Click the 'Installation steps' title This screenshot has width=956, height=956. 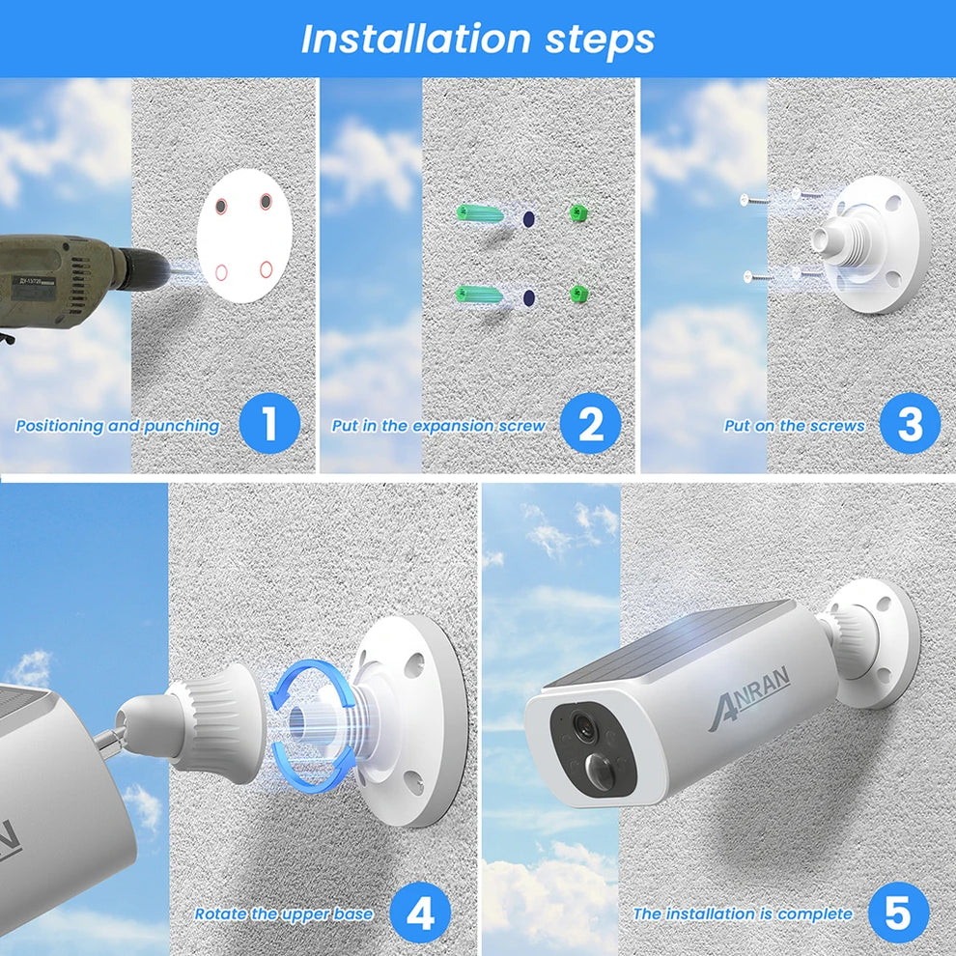(478, 40)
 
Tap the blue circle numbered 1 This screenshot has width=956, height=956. (268, 424)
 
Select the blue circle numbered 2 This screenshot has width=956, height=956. (590, 424)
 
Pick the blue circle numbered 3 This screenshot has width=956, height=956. (910, 424)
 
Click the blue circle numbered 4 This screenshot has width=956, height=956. (420, 913)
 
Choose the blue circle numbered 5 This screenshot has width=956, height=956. (898, 913)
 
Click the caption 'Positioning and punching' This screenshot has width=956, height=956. (118, 426)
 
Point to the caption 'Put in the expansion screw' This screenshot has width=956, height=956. (438, 426)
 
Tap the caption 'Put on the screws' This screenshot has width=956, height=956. (794, 426)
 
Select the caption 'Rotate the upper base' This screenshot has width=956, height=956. (284, 914)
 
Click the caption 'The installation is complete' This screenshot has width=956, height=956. (743, 914)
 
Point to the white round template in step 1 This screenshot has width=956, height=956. (244, 236)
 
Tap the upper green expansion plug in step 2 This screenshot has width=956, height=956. (480, 212)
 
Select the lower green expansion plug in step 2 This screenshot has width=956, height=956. (480, 294)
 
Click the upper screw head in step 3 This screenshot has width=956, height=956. (746, 200)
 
